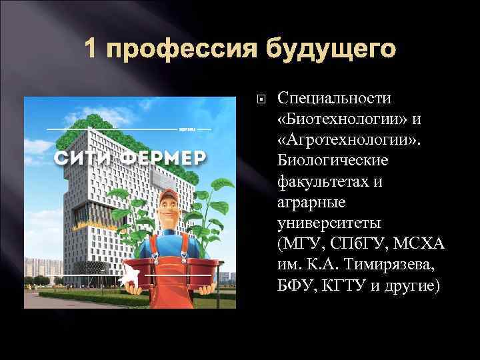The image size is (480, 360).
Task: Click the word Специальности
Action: click(335, 99)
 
